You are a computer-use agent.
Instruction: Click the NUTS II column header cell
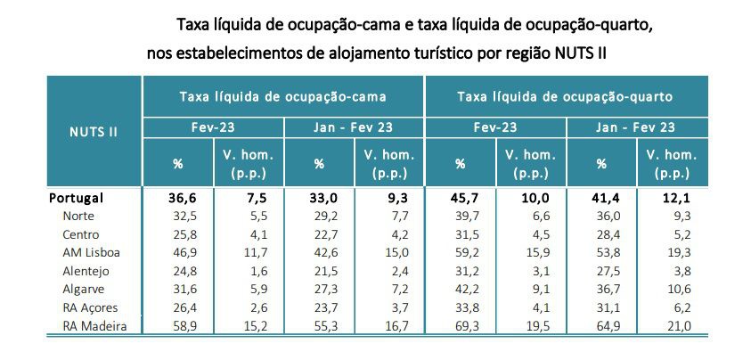click(x=93, y=131)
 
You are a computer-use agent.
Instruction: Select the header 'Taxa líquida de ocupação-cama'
click(x=283, y=95)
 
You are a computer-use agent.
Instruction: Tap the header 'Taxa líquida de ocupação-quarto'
click(x=564, y=95)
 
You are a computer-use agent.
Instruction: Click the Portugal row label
click(x=76, y=198)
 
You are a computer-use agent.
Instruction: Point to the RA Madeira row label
click(x=95, y=326)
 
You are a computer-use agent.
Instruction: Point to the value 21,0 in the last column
click(x=680, y=326)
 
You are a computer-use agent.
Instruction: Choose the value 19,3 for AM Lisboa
click(x=680, y=252)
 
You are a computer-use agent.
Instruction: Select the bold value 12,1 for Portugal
click(x=680, y=198)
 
